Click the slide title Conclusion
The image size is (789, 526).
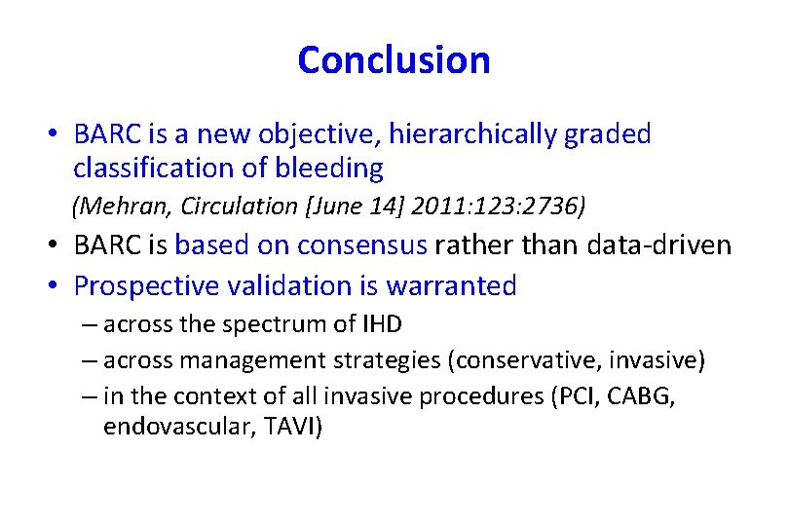tap(394, 60)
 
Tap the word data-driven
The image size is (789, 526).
tap(659, 244)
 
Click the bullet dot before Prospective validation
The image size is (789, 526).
tap(57, 286)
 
